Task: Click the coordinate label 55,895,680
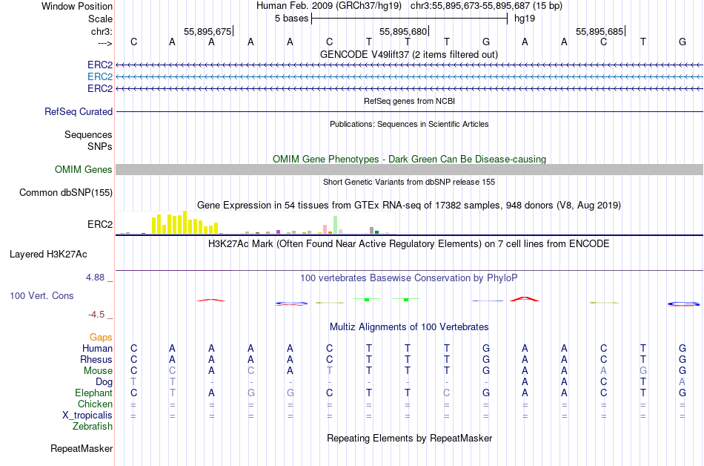tap(403, 31)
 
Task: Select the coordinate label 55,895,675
tap(207, 31)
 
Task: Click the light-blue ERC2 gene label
tap(100, 76)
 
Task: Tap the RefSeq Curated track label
tap(79, 111)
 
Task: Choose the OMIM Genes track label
tap(84, 170)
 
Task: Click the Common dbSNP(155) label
tap(67, 193)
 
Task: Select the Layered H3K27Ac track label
tap(48, 254)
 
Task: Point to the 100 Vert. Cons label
tap(41, 295)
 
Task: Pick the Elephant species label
tap(93, 393)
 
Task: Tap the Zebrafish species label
tap(93, 427)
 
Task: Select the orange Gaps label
tap(101, 337)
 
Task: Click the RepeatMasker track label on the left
tap(82, 448)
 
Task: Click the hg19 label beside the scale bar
tap(524, 18)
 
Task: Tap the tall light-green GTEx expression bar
tap(336, 225)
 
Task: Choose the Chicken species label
tap(95, 404)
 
